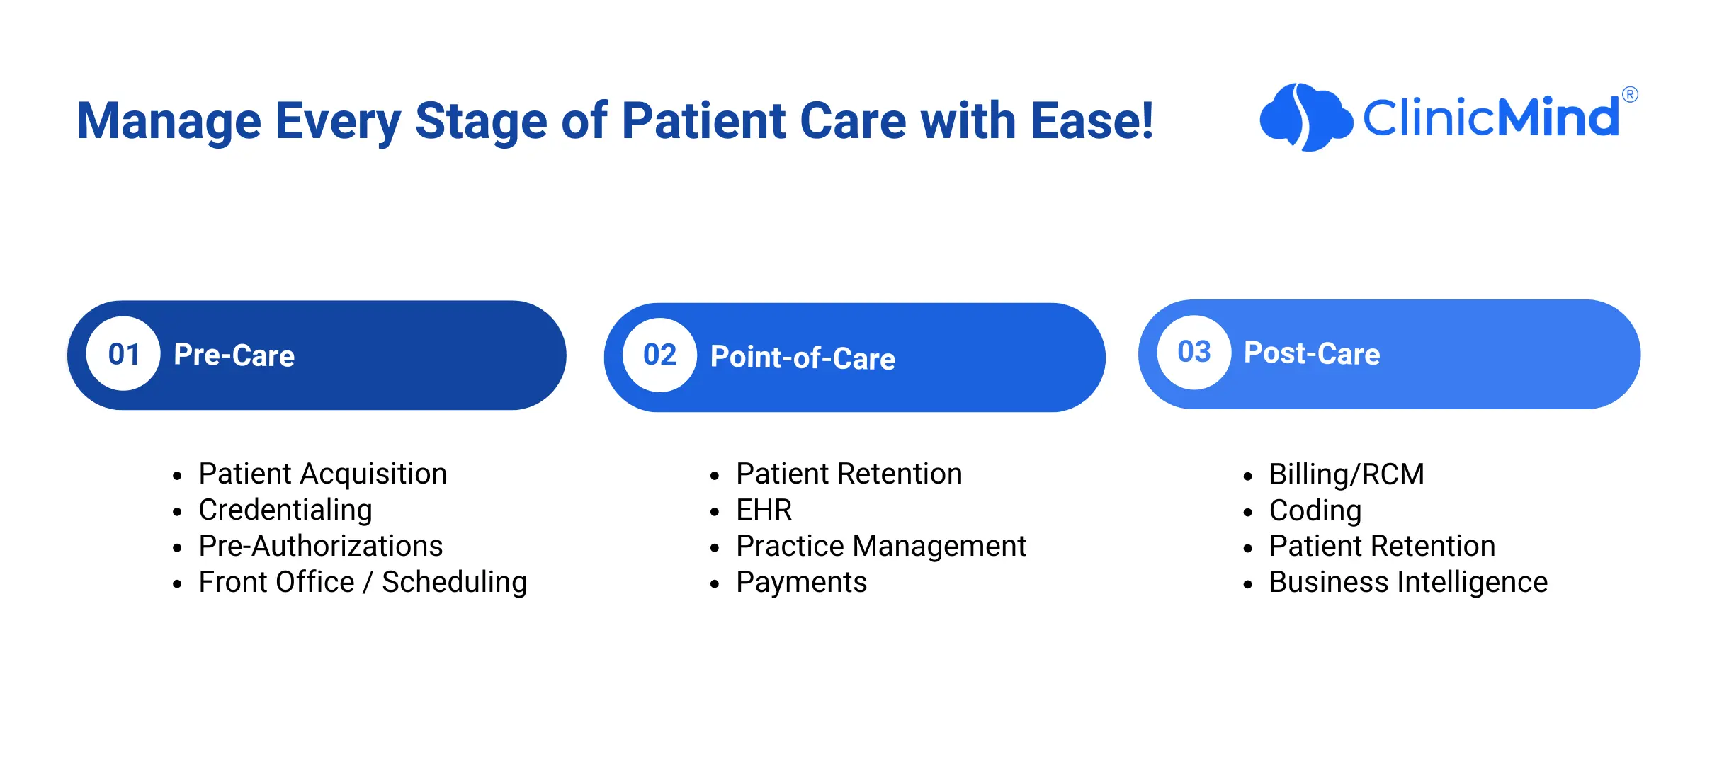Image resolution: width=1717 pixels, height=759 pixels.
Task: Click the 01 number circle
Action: point(123,353)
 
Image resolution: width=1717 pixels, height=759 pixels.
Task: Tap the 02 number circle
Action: point(659,355)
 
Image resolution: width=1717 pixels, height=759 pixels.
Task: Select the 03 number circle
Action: point(1194,352)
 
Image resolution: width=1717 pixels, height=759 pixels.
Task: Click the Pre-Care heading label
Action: point(234,355)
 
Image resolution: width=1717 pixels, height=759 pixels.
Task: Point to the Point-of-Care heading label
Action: point(803,358)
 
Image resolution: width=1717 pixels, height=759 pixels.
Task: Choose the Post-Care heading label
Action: point(1312,353)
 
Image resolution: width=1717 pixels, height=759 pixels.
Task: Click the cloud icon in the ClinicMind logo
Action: point(1305,118)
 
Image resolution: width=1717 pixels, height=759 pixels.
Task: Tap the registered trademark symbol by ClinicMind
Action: point(1630,94)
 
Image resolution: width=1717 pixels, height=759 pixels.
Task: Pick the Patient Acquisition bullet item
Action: point(322,474)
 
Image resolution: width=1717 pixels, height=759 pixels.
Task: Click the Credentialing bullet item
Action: point(285,510)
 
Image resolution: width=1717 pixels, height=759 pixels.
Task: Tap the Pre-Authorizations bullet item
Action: point(320,546)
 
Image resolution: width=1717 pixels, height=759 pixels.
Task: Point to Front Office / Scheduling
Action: point(363,582)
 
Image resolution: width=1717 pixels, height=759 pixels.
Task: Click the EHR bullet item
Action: point(764,510)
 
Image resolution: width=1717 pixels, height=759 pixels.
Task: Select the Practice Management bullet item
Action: point(881,546)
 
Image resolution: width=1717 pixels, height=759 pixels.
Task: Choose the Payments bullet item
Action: point(801,583)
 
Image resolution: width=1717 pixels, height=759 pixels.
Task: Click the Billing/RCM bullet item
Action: point(1347,474)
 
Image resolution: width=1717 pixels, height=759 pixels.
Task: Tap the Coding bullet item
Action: point(1315,511)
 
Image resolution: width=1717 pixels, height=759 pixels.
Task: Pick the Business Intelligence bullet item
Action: point(1408,583)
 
